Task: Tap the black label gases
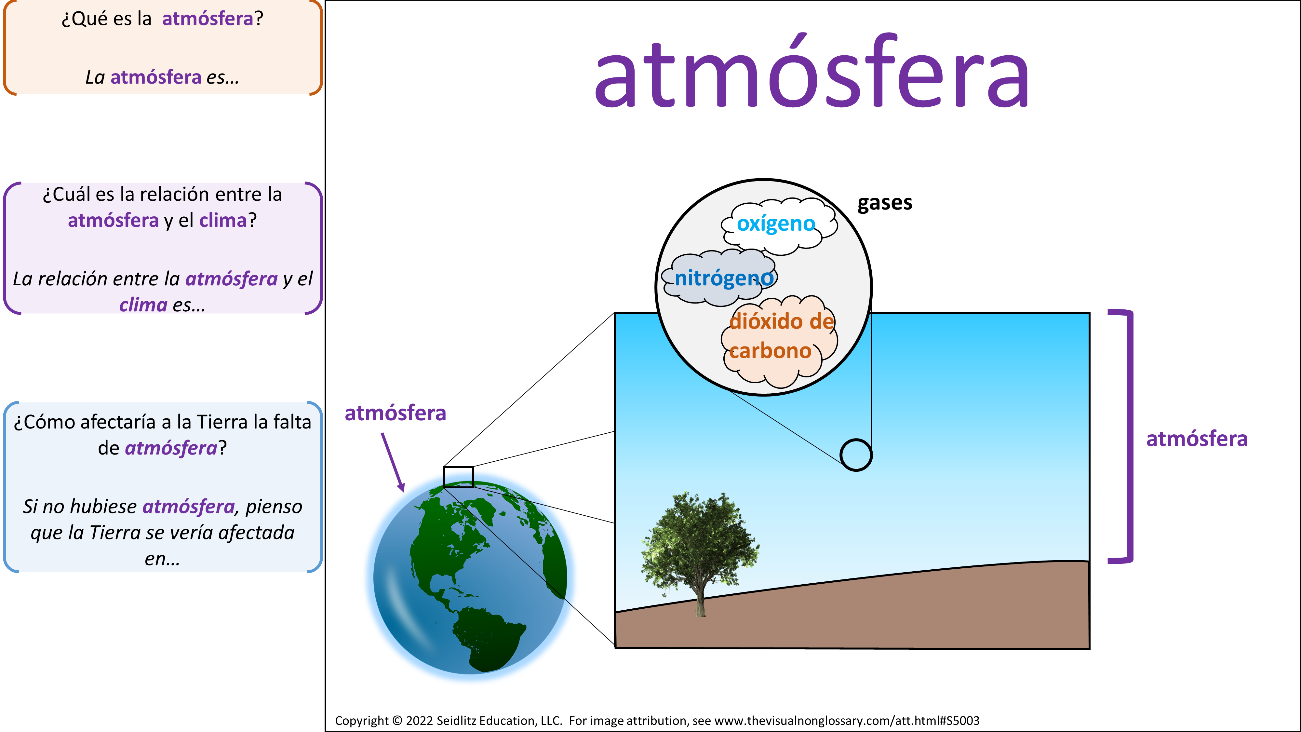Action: pyautogui.click(x=885, y=203)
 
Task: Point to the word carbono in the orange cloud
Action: pyautogui.click(x=770, y=351)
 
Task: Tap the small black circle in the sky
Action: pyautogui.click(x=855, y=455)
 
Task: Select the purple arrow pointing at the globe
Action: pyautogui.click(x=393, y=462)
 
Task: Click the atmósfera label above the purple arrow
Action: pyautogui.click(x=396, y=413)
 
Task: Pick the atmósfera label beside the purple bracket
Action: pyautogui.click(x=1197, y=439)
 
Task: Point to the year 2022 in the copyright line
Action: pyautogui.click(x=419, y=720)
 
